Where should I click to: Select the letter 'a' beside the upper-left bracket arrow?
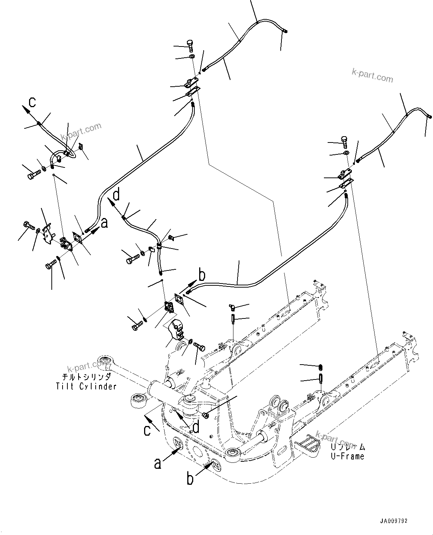coord(105,223)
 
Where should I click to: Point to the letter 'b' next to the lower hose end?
coord(202,276)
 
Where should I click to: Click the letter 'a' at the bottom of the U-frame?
coord(158,463)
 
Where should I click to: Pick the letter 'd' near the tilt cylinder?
coord(195,427)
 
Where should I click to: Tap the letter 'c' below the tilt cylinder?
coord(148,430)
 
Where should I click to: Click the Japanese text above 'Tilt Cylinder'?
coord(86,377)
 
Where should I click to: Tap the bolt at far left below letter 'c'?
coord(32,174)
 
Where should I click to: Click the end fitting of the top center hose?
coord(285,31)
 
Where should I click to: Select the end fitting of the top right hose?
coord(429,116)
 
